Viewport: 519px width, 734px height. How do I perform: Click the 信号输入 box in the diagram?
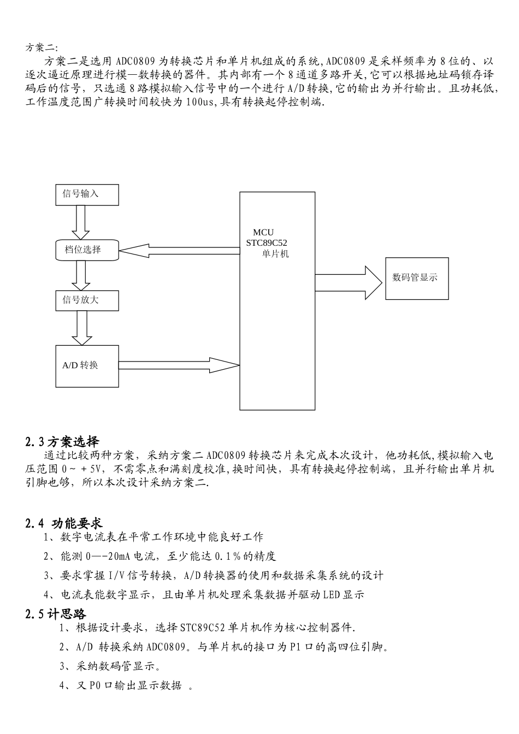coord(87,194)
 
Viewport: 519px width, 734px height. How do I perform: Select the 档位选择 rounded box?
coord(87,250)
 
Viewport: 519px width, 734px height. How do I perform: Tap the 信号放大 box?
coord(87,300)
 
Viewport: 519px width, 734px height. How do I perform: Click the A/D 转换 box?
coord(87,366)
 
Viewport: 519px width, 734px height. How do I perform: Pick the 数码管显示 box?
coord(417,277)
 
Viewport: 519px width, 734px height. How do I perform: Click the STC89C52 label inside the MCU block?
coord(267,243)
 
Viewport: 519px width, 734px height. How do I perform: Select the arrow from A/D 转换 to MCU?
coord(179,365)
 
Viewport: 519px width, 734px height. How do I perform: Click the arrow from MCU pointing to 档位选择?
coord(179,250)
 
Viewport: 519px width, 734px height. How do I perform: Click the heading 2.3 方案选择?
coord(62,442)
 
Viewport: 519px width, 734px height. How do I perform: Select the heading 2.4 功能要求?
coord(64,523)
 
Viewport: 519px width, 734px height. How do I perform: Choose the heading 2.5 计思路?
coord(56,614)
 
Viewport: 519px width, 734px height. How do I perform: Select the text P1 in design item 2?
coord(296,647)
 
